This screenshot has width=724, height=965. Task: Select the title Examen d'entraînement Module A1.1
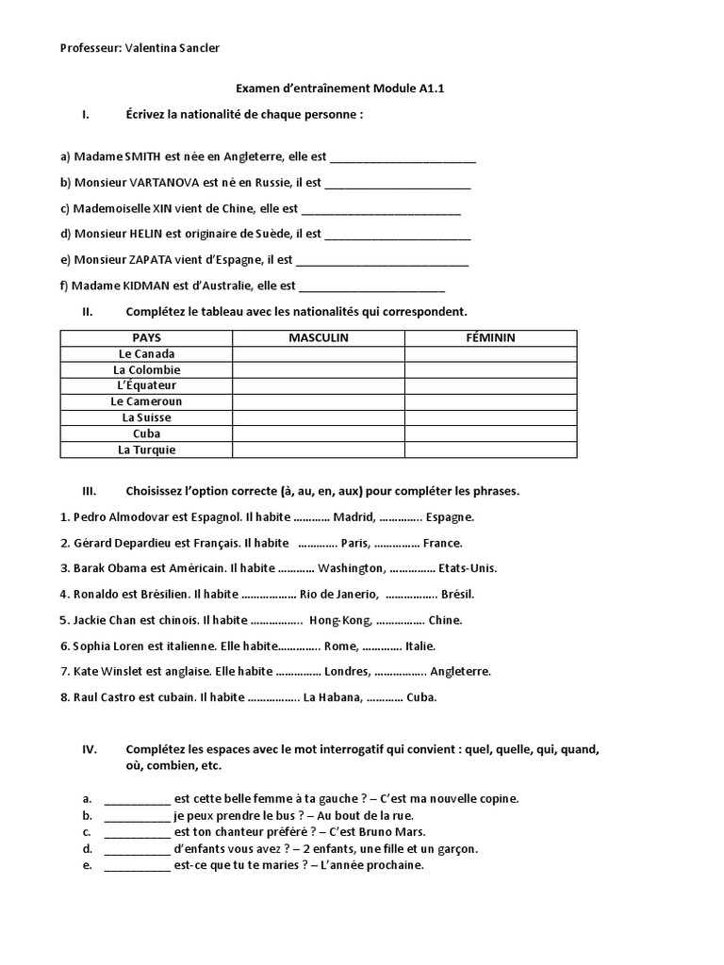(338, 90)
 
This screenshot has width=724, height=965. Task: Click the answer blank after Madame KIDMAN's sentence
(371, 286)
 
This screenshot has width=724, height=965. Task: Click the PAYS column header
(146, 337)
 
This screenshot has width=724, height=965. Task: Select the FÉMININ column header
(490, 337)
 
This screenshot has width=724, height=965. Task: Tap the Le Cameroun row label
(146, 401)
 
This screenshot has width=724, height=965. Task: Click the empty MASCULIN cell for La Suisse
(318, 417)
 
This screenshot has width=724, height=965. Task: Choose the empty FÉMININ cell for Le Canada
(490, 353)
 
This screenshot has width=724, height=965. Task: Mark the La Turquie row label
(146, 450)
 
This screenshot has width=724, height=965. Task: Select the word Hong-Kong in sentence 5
(338, 620)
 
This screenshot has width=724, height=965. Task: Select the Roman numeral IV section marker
(90, 750)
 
